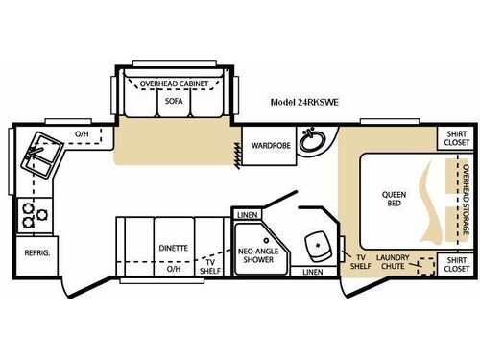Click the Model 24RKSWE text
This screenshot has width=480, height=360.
pyautogui.click(x=303, y=100)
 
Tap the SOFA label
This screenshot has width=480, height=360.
pyautogui.click(x=174, y=100)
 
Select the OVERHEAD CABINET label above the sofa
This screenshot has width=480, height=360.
pyautogui.click(x=174, y=84)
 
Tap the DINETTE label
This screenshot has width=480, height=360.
pyautogui.click(x=174, y=248)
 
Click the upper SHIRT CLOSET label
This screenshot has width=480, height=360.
pyautogui.click(x=457, y=137)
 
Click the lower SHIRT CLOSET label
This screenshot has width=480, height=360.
pyautogui.click(x=457, y=262)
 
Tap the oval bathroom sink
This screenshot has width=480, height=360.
pyautogui.click(x=311, y=142)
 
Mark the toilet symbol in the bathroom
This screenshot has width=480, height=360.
pyautogui.click(x=316, y=248)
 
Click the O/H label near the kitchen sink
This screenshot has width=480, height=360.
pyautogui.click(x=82, y=133)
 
